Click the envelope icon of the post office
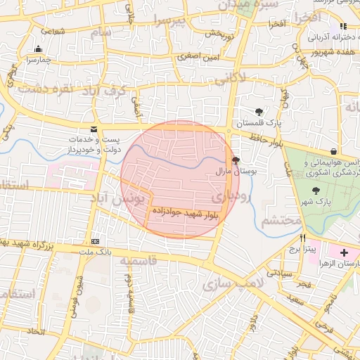[94, 129]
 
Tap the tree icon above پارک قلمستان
[259, 112]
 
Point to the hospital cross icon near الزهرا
[343, 252]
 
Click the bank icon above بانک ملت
[96, 241]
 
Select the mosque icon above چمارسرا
[38, 49]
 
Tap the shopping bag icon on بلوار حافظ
[333, 151]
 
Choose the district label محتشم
[281, 221]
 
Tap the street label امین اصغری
[198, 56]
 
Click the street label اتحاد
[37, 330]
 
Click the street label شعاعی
[53, 30]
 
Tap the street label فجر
[304, 284]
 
